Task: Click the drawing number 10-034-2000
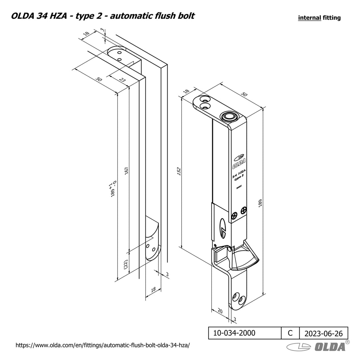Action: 234,333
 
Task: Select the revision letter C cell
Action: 290,333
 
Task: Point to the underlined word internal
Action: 309,18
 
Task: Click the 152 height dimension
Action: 179,171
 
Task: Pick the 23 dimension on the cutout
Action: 122,80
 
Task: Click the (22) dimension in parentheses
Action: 126,264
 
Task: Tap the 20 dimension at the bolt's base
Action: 220,311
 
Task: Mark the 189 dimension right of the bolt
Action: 260,203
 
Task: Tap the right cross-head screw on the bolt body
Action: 244,210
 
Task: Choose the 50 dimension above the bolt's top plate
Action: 244,94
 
